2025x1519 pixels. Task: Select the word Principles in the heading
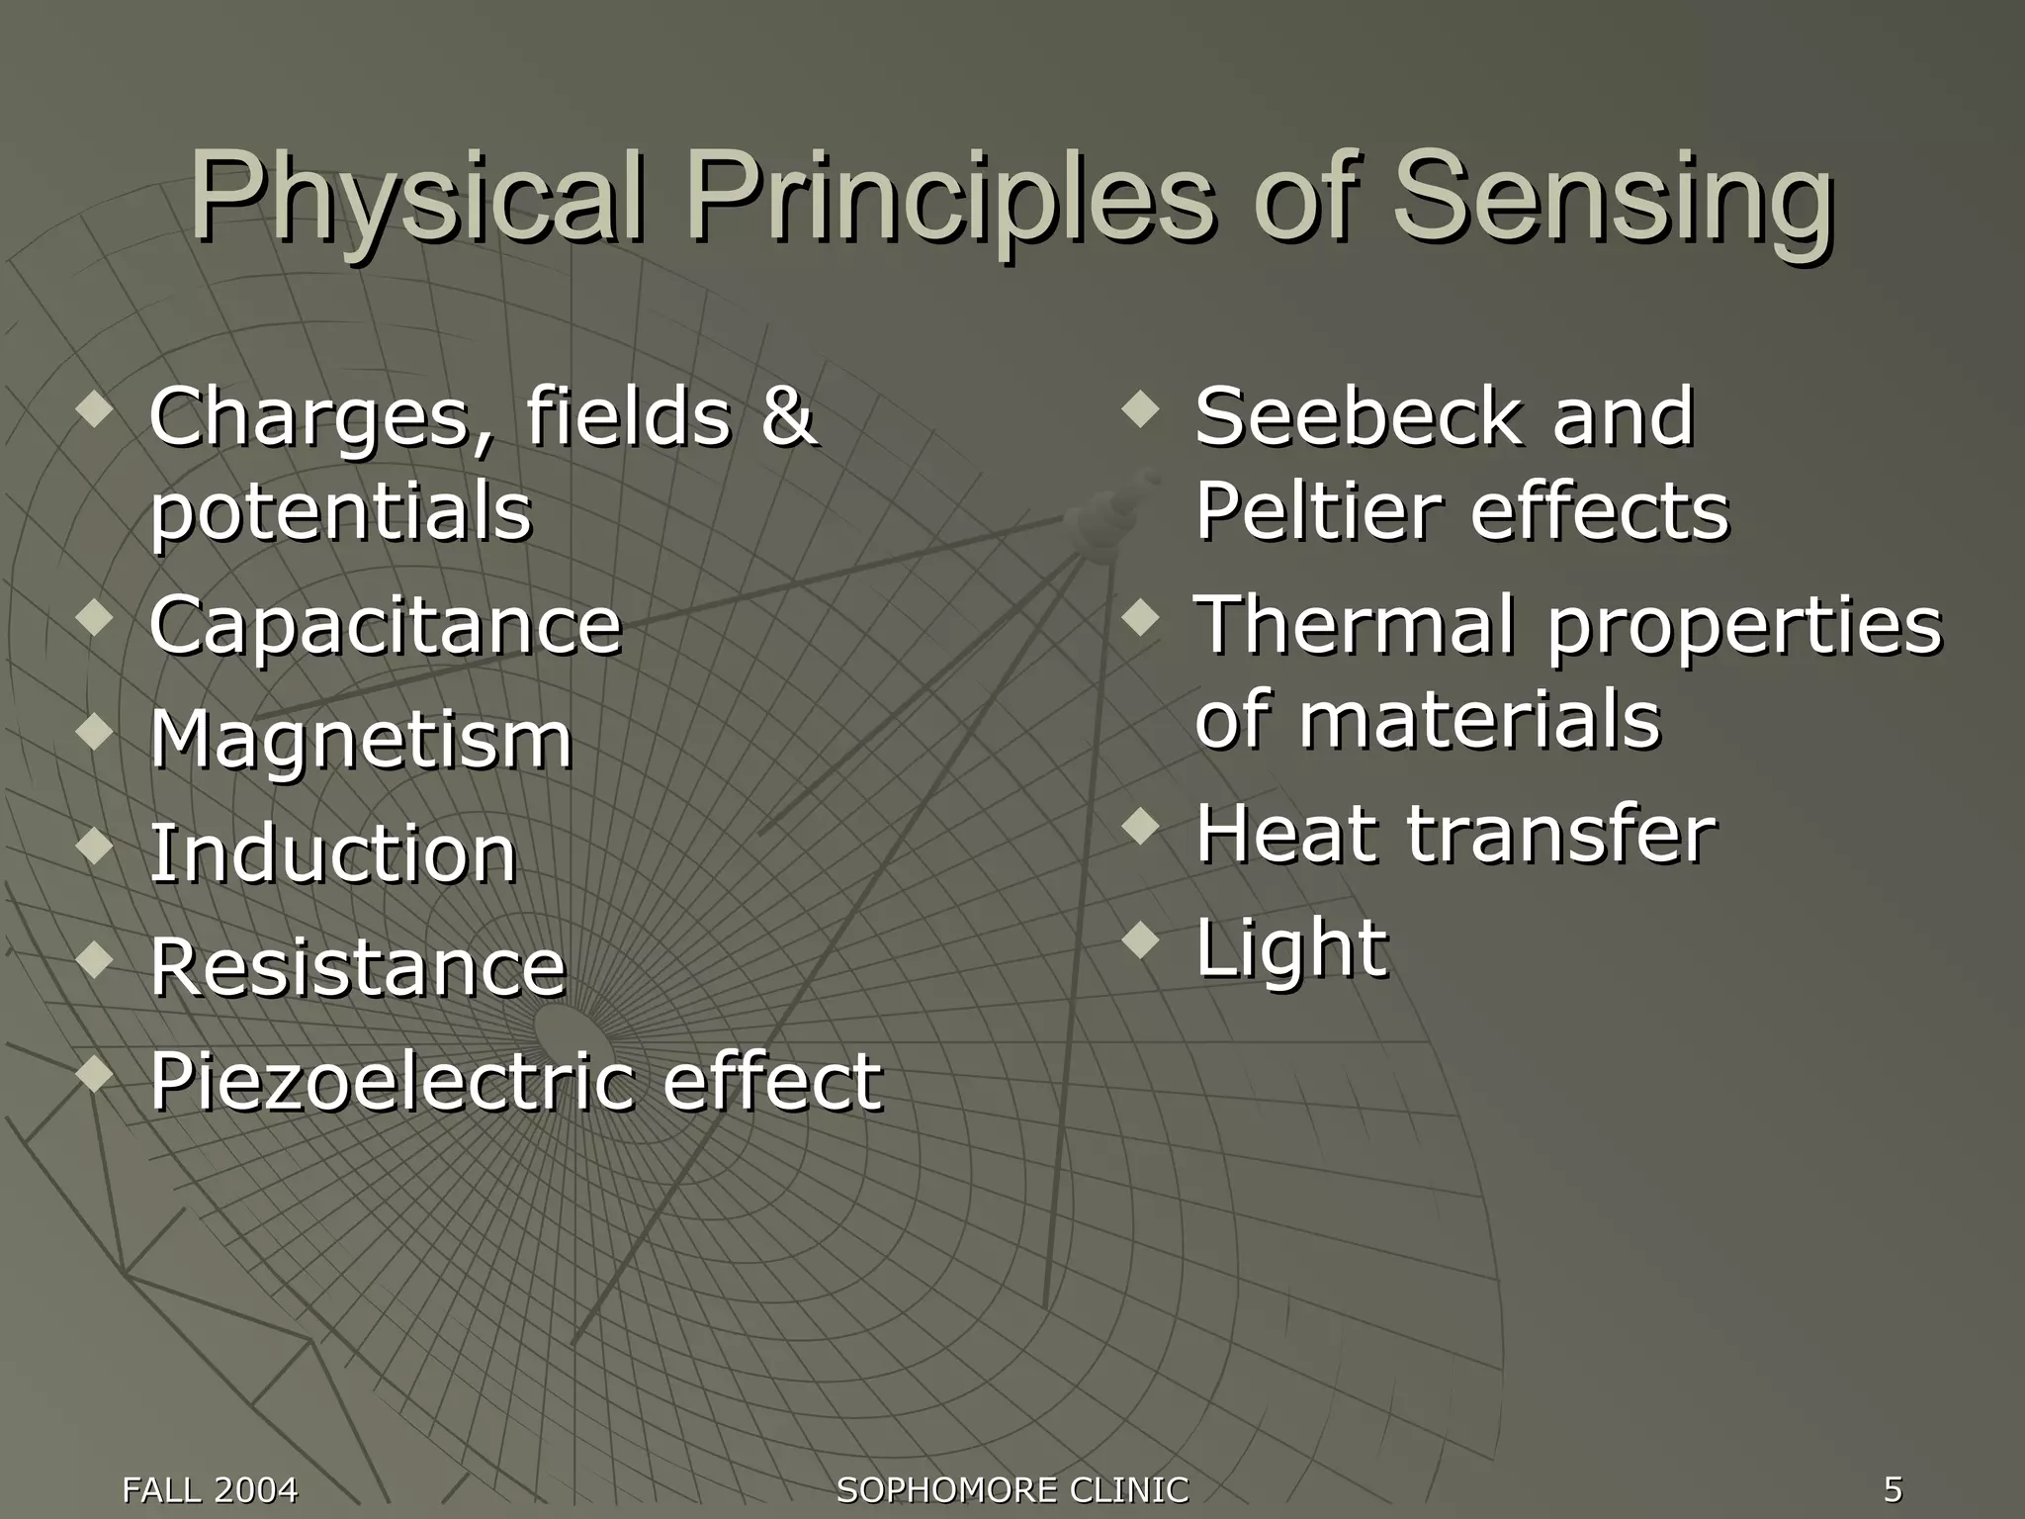(949, 198)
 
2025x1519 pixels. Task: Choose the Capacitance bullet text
(385, 627)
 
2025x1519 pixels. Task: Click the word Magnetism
(361, 741)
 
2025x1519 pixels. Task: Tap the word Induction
(333, 853)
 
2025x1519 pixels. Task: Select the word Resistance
(357, 967)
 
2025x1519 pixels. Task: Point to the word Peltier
(1319, 512)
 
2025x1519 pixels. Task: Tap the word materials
(1479, 720)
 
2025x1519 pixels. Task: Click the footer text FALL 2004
(210, 1489)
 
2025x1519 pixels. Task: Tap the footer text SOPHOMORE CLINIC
(1012, 1489)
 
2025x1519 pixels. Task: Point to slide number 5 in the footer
(1893, 1489)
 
